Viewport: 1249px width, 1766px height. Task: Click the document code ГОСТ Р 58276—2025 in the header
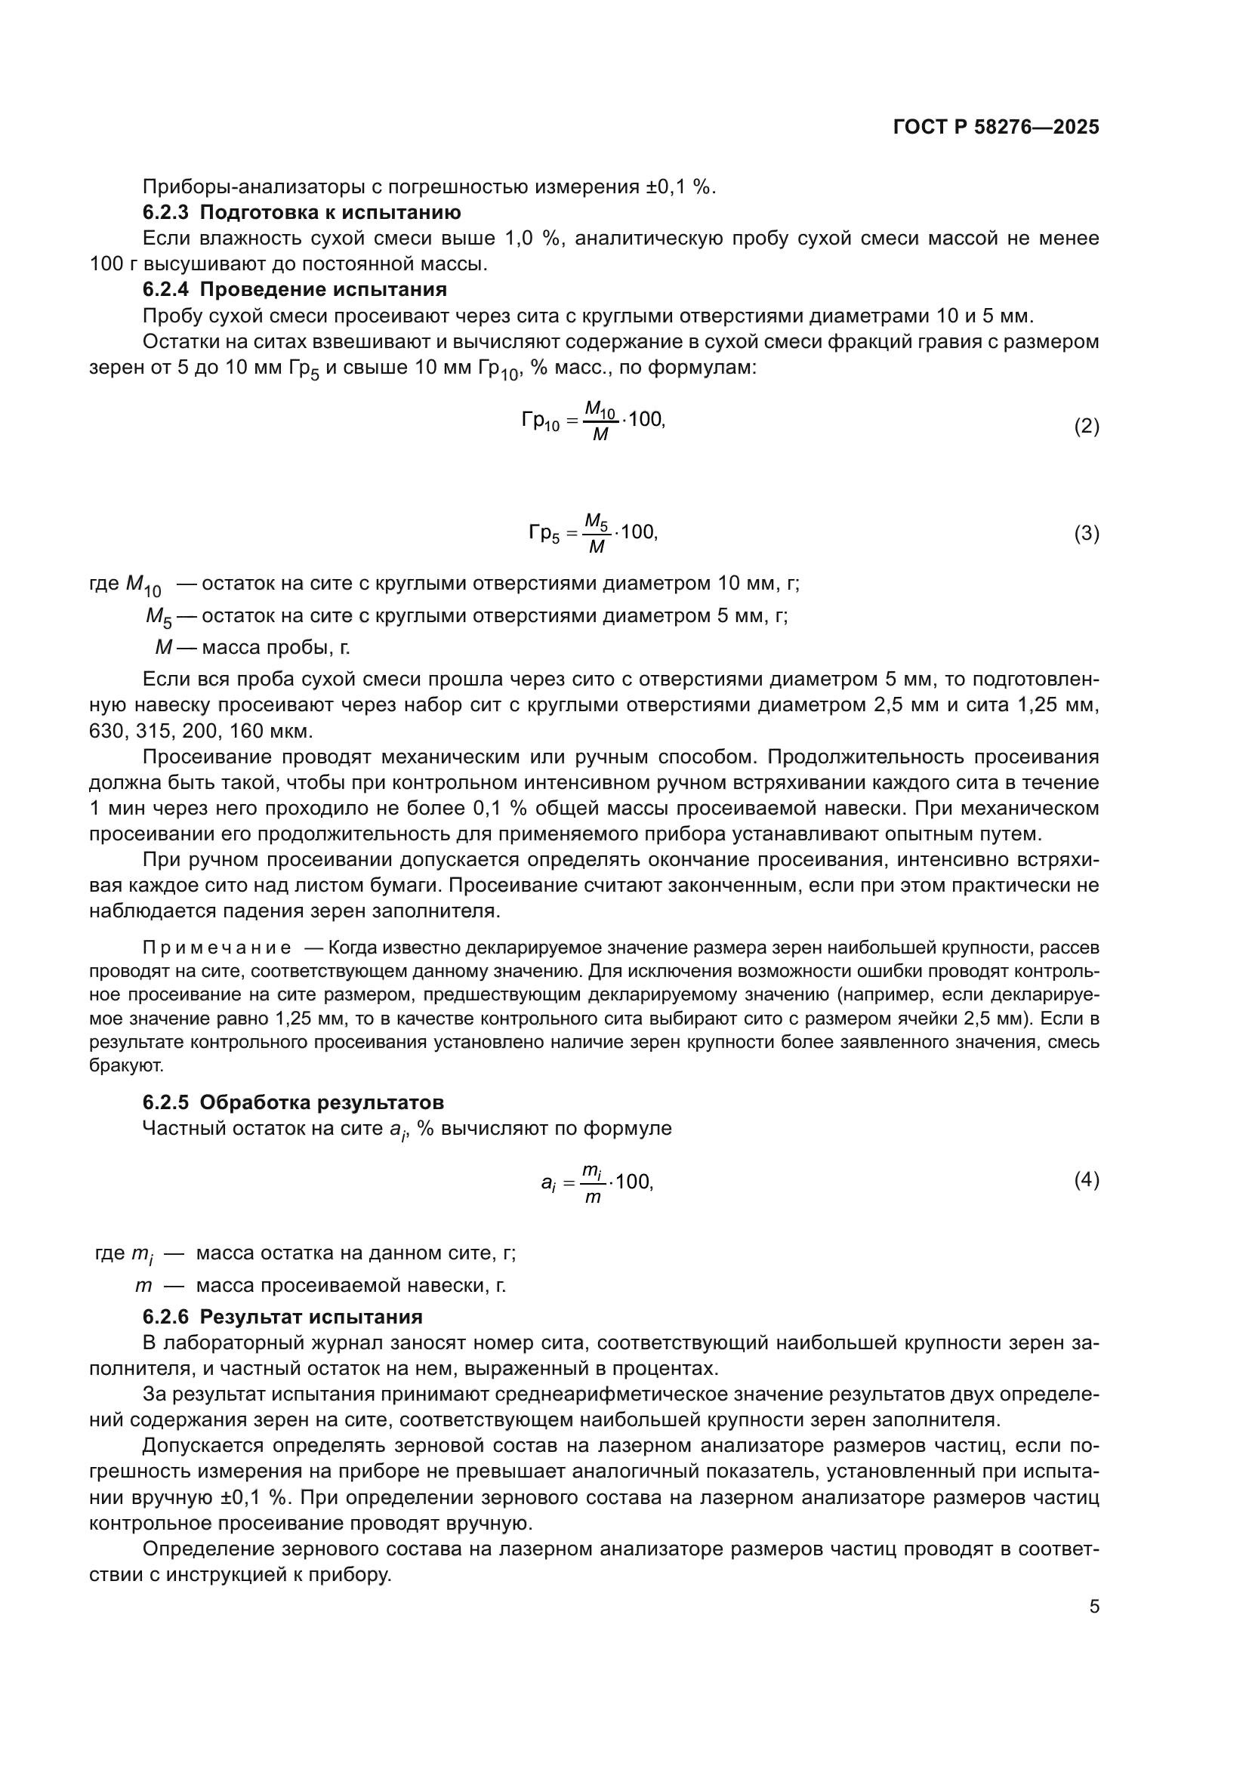(x=996, y=128)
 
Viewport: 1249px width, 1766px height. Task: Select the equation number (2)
(x=1086, y=426)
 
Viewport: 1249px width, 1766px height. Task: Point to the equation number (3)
(x=1086, y=533)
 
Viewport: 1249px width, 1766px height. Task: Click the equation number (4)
(x=1086, y=1180)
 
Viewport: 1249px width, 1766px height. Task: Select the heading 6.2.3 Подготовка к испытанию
(x=301, y=212)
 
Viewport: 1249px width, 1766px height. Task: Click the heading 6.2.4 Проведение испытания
(x=295, y=290)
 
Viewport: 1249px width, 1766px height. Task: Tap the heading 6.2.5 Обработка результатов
(x=293, y=1102)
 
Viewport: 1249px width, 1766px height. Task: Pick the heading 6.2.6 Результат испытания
(x=282, y=1316)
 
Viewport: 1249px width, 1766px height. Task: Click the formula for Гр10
(x=593, y=421)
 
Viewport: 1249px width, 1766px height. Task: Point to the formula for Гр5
(x=593, y=533)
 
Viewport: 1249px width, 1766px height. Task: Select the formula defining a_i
(x=597, y=1182)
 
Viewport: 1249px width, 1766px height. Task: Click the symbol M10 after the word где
(x=143, y=585)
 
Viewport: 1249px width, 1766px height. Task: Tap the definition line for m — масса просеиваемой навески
(x=320, y=1284)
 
